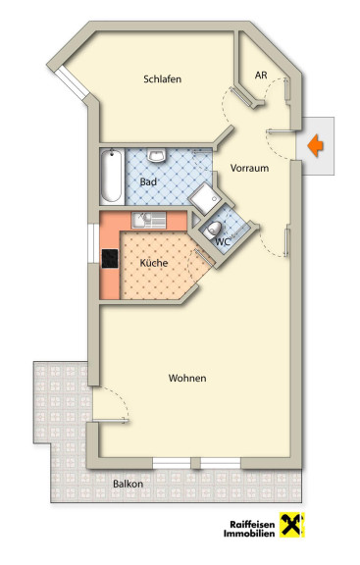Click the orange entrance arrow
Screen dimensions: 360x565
316,145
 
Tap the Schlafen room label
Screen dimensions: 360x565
162,79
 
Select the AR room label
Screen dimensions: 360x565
261,75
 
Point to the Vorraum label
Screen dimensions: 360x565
249,168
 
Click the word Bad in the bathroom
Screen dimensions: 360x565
148,182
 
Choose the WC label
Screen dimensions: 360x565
223,241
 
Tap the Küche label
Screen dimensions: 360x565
154,263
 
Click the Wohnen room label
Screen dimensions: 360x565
187,378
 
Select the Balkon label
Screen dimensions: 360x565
128,484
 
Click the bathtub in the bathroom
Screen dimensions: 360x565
111,177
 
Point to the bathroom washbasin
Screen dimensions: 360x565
157,155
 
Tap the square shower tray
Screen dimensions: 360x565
204,199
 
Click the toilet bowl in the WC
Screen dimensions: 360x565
212,230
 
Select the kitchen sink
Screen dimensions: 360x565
149,220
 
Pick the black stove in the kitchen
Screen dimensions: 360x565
110,259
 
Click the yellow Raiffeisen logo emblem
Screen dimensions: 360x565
291,525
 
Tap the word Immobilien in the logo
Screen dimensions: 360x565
249,534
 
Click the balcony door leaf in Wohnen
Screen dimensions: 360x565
111,420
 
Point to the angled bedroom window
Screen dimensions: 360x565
73,82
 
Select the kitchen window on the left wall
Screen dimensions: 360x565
93,244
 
